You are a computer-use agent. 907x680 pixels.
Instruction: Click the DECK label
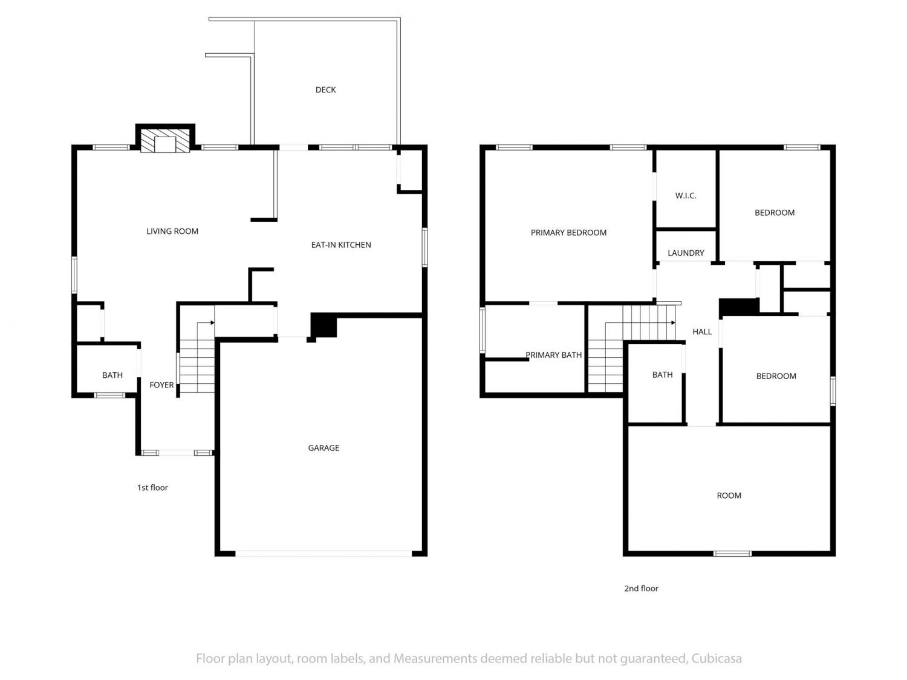[325, 90]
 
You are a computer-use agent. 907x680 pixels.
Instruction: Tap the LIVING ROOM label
[172, 232]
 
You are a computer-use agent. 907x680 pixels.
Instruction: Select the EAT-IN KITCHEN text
[341, 245]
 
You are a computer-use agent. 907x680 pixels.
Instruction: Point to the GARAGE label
[323, 448]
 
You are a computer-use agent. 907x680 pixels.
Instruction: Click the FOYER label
[161, 385]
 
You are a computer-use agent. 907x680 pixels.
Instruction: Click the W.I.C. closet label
[686, 196]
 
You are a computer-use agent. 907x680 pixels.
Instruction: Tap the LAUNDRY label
[686, 253]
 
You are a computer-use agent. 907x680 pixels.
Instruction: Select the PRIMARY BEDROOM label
[568, 233]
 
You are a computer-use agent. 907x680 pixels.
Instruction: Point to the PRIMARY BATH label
[553, 355]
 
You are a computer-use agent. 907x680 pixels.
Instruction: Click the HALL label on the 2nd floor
[702, 331]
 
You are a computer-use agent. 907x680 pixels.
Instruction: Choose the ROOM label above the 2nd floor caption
[729, 496]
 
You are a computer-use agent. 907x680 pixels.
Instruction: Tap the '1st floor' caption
[152, 488]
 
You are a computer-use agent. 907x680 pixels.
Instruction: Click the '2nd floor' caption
[641, 588]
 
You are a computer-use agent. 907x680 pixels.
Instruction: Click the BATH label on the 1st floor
[112, 375]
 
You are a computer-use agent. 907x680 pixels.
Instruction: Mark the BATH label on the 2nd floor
[662, 375]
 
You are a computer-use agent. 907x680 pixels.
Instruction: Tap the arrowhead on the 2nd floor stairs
[673, 322]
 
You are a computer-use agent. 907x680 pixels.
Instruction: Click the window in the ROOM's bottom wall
[732, 554]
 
